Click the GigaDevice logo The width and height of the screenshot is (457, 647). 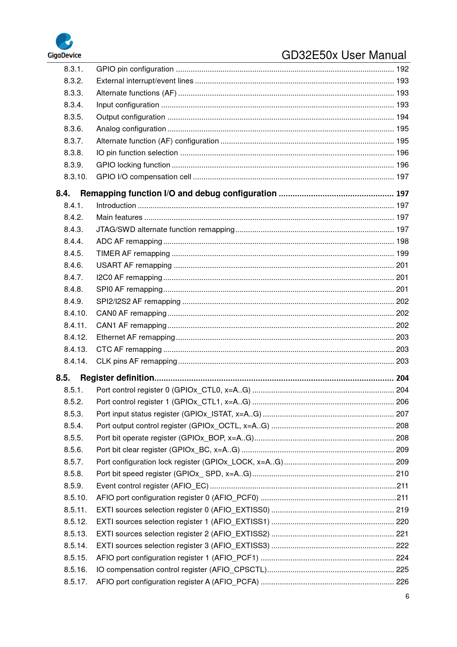[x=64, y=46]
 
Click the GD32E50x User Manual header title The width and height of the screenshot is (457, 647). [x=343, y=55]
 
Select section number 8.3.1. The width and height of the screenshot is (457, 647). [x=73, y=69]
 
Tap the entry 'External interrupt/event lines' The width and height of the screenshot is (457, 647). [x=144, y=81]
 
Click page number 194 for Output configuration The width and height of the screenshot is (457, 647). [x=402, y=117]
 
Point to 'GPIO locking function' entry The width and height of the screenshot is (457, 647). [x=133, y=165]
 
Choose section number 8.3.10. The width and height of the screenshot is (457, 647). [x=76, y=177]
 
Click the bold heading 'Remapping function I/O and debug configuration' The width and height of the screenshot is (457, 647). [x=178, y=194]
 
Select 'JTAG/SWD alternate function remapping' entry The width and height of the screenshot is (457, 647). [x=165, y=229]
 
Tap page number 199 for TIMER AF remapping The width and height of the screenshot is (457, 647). [x=402, y=253]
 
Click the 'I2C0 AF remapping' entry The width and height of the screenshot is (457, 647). [x=129, y=277]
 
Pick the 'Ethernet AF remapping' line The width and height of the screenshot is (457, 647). [x=135, y=337]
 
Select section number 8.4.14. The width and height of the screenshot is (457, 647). [x=76, y=361]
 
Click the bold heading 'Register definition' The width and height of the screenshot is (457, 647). [x=117, y=378]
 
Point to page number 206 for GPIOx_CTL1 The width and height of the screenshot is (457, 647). [x=402, y=402]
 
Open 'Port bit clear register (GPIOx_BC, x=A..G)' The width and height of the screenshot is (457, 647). [x=168, y=450]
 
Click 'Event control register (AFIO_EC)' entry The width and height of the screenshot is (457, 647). [x=152, y=486]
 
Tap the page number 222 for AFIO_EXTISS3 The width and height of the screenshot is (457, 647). [x=402, y=546]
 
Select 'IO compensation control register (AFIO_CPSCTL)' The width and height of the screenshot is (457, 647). [x=181, y=570]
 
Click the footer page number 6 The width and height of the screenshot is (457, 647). [x=407, y=596]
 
